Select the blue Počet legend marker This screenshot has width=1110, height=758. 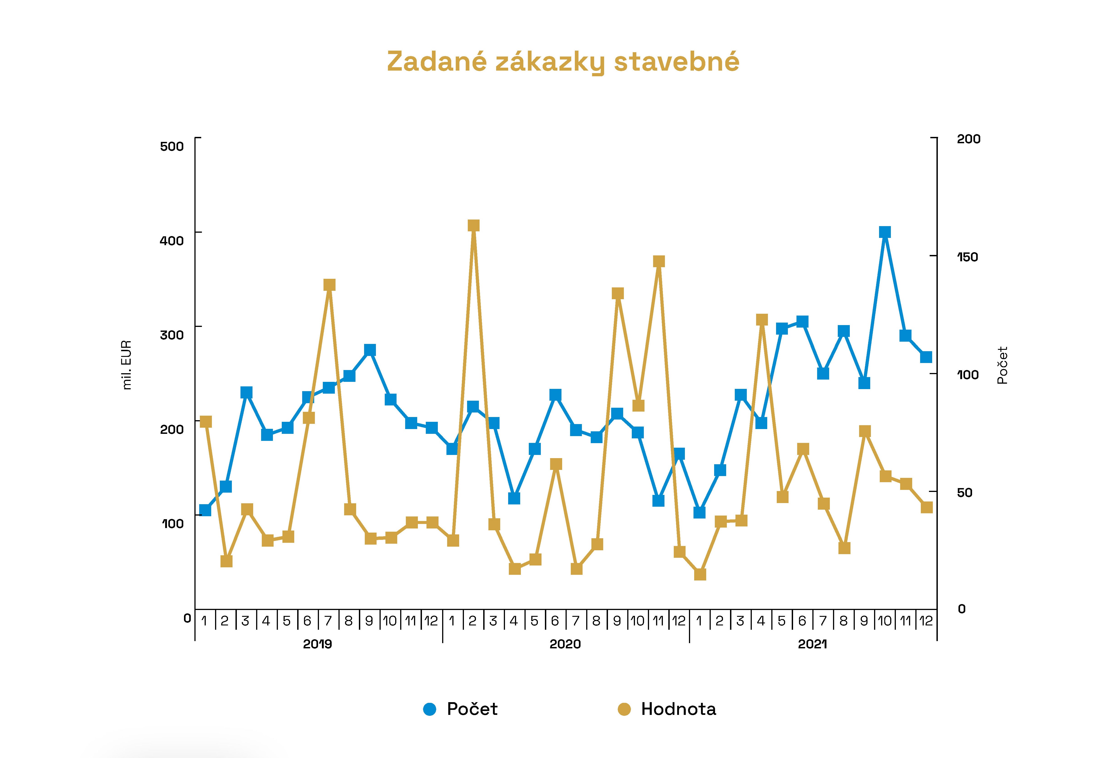pos(429,709)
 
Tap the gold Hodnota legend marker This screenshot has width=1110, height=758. pos(624,709)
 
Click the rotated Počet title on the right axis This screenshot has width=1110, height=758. pos(1002,365)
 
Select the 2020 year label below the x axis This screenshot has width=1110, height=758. pos(565,644)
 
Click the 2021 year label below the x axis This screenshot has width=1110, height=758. pos(812,644)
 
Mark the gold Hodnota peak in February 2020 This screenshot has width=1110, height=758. pos(473,226)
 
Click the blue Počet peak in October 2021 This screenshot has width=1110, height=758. pos(885,232)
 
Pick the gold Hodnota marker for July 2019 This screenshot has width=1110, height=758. pos(329,285)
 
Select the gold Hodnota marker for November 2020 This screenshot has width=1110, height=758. pos(659,262)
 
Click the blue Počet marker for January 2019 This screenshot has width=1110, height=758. pos(205,510)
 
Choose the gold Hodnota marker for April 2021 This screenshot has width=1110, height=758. pos(762,320)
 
